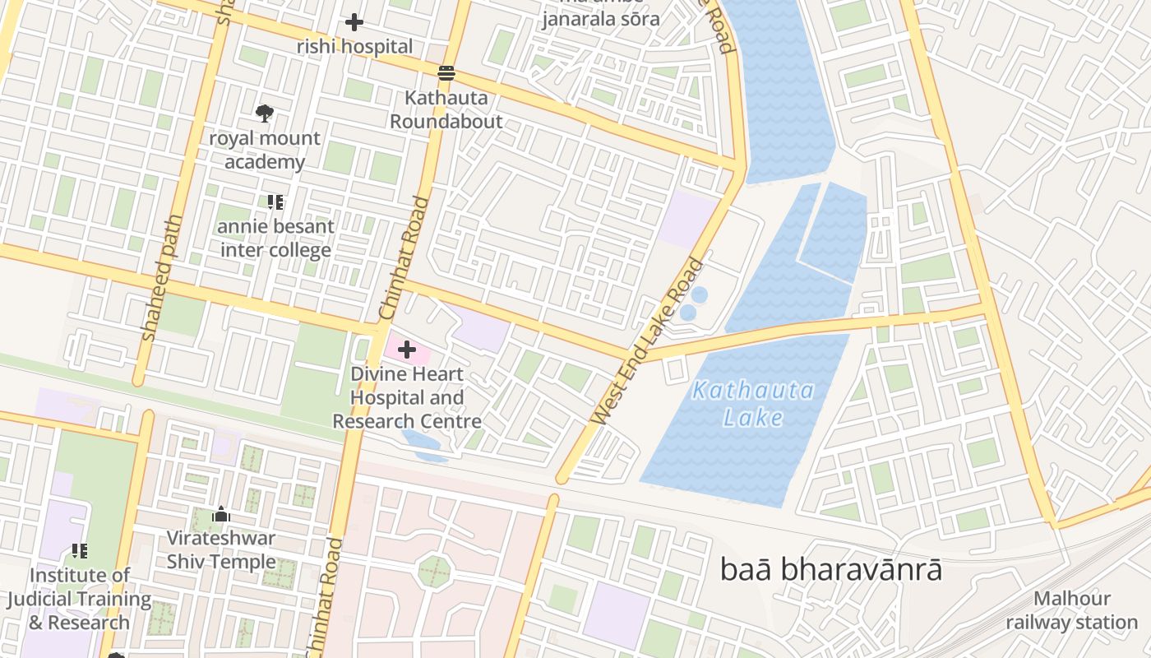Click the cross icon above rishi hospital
tap(354, 22)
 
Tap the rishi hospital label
tap(354, 47)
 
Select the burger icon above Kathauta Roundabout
tap(446, 73)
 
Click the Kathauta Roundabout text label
tap(446, 109)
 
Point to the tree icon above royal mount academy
tap(265, 113)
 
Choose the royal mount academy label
tap(265, 150)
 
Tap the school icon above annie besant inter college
tap(275, 202)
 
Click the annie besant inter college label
tap(276, 239)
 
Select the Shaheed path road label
tap(161, 290)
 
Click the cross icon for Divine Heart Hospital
tap(406, 350)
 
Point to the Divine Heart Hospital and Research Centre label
tap(407, 398)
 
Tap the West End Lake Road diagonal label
tap(649, 341)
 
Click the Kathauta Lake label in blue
tap(753, 403)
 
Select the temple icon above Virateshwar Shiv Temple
tap(221, 515)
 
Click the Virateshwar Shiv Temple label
tap(221, 550)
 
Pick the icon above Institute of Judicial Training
tap(79, 550)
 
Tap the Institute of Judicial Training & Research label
tap(79, 599)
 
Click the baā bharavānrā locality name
tap(830, 569)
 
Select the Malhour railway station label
tap(1072, 610)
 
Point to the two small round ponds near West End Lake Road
tap(694, 304)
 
